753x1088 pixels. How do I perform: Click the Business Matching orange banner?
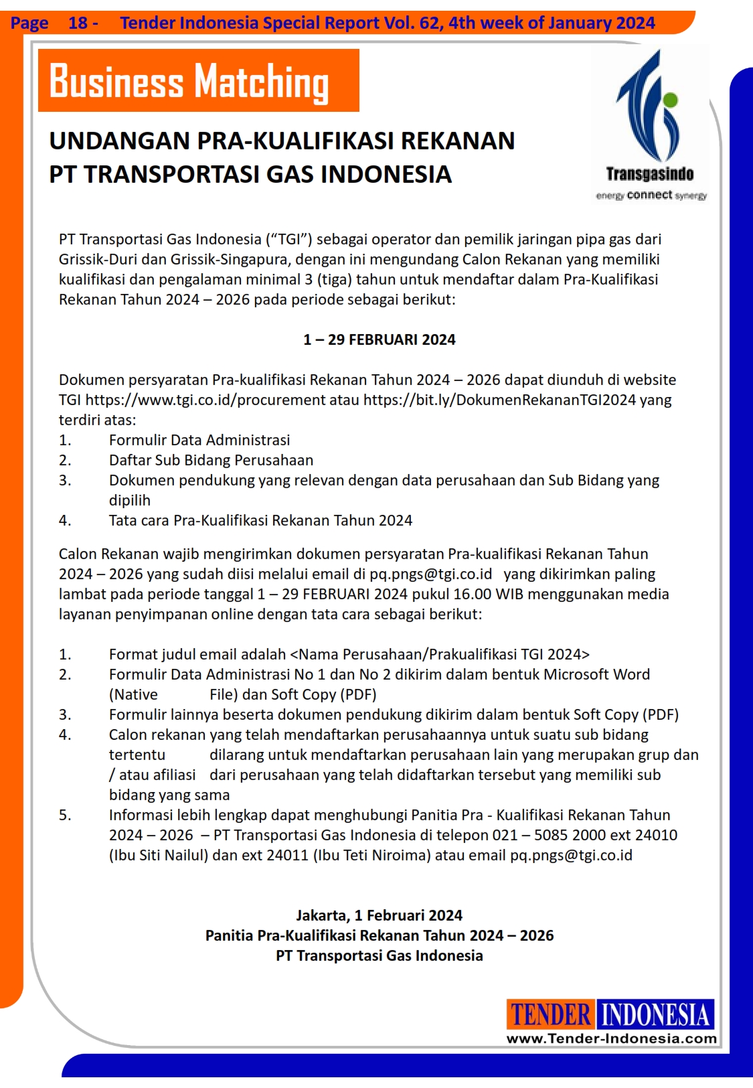pyautogui.click(x=199, y=80)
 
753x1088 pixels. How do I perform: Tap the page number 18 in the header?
pyautogui.click(x=78, y=23)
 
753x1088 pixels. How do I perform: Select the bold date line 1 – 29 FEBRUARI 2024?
pyautogui.click(x=379, y=339)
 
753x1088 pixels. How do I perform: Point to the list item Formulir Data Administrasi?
pyautogui.click(x=199, y=440)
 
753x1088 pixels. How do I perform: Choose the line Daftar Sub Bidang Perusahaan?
pyautogui.click(x=211, y=460)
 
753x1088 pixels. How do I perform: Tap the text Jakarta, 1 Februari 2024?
pyautogui.click(x=379, y=915)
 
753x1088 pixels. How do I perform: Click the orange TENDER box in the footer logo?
pyautogui.click(x=550, y=1014)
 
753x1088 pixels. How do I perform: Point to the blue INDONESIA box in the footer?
pyautogui.click(x=655, y=1014)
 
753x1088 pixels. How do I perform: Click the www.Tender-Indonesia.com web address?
pyautogui.click(x=611, y=1038)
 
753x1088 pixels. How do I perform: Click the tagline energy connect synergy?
pyautogui.click(x=651, y=195)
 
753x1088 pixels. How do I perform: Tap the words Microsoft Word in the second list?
pyautogui.click(x=596, y=674)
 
